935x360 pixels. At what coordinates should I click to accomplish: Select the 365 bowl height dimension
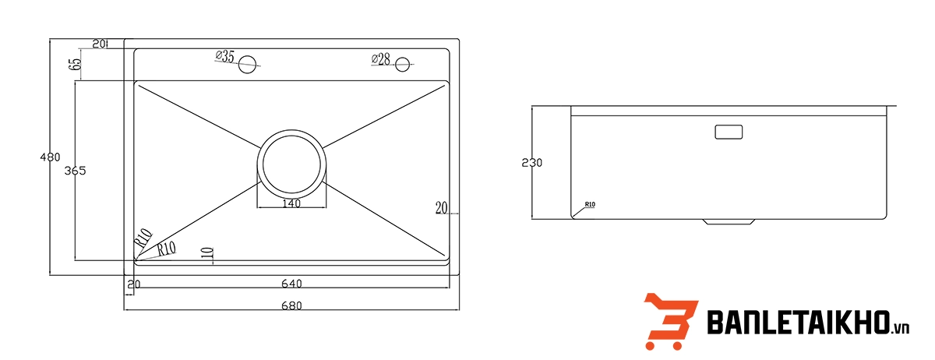pos(75,171)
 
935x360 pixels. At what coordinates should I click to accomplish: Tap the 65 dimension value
pos(76,64)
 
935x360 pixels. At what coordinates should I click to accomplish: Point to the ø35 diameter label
pos(224,57)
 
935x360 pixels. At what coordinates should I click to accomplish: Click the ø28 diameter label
pos(380,59)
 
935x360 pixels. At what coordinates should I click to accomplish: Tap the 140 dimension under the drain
pos(291,204)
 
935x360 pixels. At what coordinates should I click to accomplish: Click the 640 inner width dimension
pos(292,284)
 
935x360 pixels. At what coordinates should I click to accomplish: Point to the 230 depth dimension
pos(532,163)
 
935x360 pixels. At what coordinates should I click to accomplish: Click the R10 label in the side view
pos(589,205)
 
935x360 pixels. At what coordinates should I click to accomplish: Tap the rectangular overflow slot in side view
pos(729,132)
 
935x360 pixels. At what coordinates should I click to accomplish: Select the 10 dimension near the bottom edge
pos(206,253)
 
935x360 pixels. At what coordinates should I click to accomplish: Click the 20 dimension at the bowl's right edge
pos(441,207)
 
